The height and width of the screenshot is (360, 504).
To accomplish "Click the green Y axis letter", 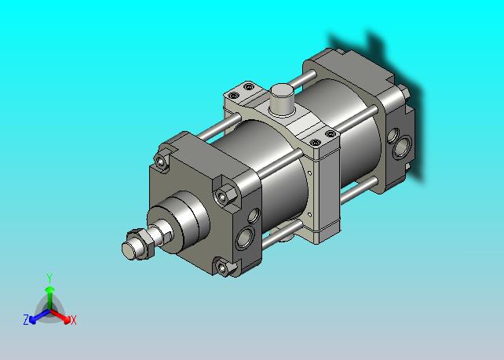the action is [49, 278].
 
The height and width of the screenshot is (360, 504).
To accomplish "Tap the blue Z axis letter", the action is [26, 319].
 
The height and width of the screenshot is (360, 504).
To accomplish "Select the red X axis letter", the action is [74, 320].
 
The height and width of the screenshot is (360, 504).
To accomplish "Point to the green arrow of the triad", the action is [49, 299].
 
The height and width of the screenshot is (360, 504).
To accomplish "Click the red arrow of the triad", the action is [60, 316].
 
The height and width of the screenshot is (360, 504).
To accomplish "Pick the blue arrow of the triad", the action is [39, 316].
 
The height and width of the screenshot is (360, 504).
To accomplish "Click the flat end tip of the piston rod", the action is [128, 250].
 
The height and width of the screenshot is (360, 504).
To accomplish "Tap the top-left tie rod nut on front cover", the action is [161, 162].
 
